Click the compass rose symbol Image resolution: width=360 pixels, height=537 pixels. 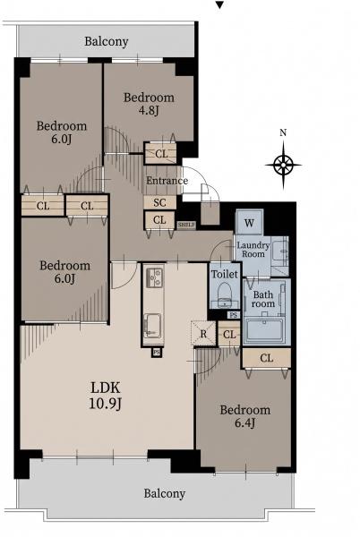pyautogui.click(x=283, y=165)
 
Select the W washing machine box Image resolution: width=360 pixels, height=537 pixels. pyautogui.click(x=249, y=222)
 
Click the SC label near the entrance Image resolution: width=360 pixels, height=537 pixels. pyautogui.click(x=159, y=202)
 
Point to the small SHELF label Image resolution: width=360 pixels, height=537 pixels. pyautogui.click(x=186, y=225)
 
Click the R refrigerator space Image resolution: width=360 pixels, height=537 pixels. pyautogui.click(x=203, y=333)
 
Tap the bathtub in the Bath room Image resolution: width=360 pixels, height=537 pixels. pyautogui.click(x=264, y=331)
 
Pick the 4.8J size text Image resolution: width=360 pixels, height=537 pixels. pyautogui.click(x=149, y=111)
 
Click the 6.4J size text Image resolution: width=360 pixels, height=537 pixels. pyautogui.click(x=244, y=423)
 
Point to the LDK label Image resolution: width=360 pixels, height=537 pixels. pyautogui.click(x=106, y=388)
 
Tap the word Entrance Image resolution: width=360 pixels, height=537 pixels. pyautogui.click(x=167, y=181)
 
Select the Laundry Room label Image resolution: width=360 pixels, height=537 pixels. pyautogui.click(x=253, y=250)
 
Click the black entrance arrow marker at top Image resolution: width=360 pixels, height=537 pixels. pyautogui.click(x=219, y=4)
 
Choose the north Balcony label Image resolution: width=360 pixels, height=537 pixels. pyautogui.click(x=107, y=41)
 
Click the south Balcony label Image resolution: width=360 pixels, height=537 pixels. pyautogui.click(x=165, y=493)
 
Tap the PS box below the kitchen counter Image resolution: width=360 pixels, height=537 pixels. pyautogui.click(x=157, y=352)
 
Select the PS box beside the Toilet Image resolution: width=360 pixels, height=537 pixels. pyautogui.click(x=234, y=315)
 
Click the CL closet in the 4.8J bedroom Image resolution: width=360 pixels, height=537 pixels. pyautogui.click(x=160, y=153)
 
